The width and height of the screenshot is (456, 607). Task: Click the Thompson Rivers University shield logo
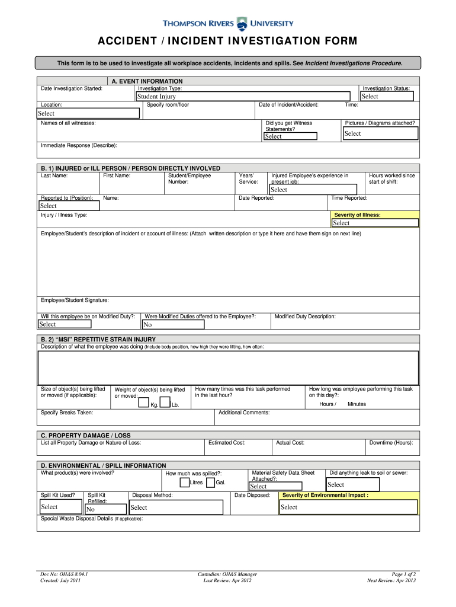point(242,24)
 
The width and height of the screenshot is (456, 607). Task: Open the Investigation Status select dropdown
point(388,97)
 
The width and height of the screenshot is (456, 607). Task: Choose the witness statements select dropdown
point(290,136)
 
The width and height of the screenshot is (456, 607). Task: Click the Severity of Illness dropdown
point(374,223)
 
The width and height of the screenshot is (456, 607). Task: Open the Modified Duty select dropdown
point(65,324)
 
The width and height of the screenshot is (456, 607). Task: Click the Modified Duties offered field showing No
point(173,325)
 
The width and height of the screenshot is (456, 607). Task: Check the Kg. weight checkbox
point(143,403)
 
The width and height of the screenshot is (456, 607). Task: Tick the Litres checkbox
point(184,483)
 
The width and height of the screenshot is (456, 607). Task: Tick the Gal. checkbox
point(210,483)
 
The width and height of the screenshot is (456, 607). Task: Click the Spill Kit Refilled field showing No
point(105,509)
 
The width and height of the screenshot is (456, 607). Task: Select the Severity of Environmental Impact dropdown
point(348,507)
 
